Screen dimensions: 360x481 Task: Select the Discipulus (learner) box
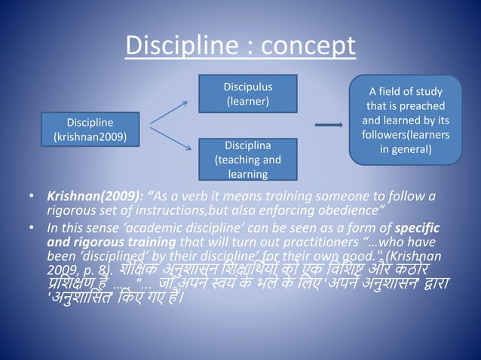[248, 93]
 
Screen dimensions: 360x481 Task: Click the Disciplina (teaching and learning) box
[248, 160]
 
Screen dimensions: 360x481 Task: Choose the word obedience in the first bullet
[354, 210]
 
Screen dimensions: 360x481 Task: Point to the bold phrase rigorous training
[124, 241]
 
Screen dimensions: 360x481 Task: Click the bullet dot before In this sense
[32, 227]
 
